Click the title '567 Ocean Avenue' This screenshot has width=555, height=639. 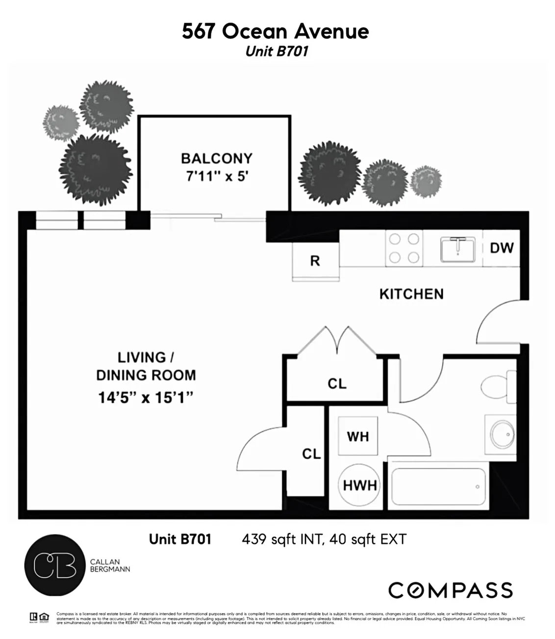click(275, 31)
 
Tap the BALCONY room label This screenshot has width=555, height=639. click(216, 158)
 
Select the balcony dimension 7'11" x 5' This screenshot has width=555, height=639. click(216, 176)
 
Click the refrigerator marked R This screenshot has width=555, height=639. click(315, 261)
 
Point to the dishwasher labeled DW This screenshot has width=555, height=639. click(501, 248)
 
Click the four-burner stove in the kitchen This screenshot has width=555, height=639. click(404, 248)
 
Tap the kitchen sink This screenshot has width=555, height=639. click(457, 249)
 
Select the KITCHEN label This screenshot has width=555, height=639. click(411, 294)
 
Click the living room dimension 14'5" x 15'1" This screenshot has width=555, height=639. click(146, 397)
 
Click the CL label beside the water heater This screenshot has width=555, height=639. click(311, 454)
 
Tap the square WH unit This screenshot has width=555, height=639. click(358, 436)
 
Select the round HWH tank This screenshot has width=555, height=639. click(359, 485)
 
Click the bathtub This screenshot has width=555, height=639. click(439, 486)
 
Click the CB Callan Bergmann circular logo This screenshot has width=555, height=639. click(54, 565)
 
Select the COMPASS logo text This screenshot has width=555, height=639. click(451, 590)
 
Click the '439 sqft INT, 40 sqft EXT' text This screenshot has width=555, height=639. click(324, 539)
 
